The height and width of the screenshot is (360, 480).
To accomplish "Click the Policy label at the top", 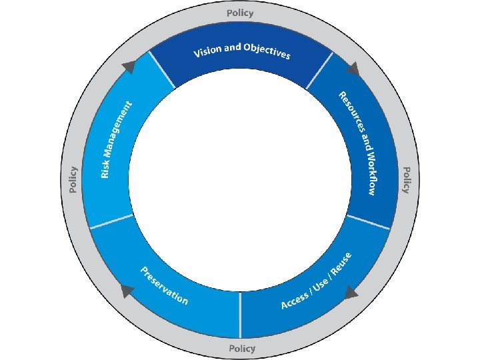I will (x=240, y=13).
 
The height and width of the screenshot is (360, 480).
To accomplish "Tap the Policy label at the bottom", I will (x=241, y=348).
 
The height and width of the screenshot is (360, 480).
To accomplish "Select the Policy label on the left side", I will (x=73, y=180).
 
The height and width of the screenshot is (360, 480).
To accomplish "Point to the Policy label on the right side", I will (x=405, y=180).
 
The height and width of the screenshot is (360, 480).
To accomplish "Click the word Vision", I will (x=207, y=51).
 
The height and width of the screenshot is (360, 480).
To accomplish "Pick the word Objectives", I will (x=267, y=51).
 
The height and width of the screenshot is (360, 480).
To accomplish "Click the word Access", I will (x=295, y=299).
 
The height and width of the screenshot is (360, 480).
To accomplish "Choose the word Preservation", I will (x=164, y=285).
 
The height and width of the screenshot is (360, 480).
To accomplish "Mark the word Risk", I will (x=105, y=168).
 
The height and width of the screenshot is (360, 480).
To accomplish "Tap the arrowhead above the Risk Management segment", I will (x=129, y=66).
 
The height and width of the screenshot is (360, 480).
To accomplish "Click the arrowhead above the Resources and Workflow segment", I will (x=352, y=68).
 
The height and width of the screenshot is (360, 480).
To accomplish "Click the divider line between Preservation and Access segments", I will (x=240, y=314).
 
